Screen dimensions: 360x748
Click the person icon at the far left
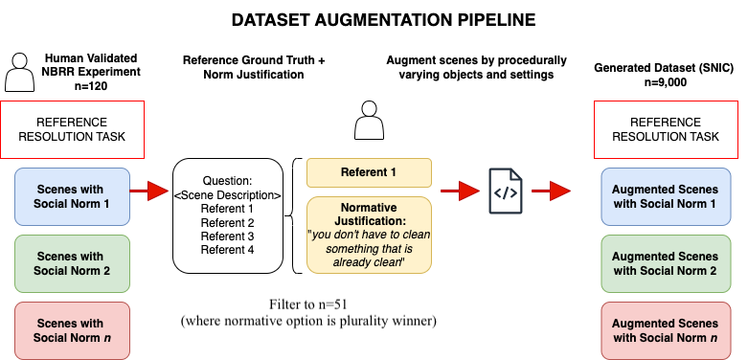(x=19, y=73)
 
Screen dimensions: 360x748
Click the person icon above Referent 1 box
(x=369, y=124)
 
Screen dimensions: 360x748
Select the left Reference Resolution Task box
(x=72, y=129)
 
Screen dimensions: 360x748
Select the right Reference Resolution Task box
(x=667, y=129)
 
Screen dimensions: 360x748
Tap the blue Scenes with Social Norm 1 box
(x=72, y=196)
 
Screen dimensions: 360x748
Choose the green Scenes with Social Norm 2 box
(x=72, y=263)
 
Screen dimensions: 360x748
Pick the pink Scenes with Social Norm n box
(x=72, y=330)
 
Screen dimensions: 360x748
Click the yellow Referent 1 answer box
(x=369, y=173)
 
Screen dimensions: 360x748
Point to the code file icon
(x=505, y=191)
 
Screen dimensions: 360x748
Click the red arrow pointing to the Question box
(x=148, y=191)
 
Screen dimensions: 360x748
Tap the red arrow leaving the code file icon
(x=551, y=191)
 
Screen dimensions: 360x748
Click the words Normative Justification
(x=369, y=214)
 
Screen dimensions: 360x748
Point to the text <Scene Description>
(x=227, y=195)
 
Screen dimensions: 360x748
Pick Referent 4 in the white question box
(x=227, y=250)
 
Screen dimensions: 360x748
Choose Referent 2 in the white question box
(x=227, y=222)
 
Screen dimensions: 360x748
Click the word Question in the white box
(x=227, y=181)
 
